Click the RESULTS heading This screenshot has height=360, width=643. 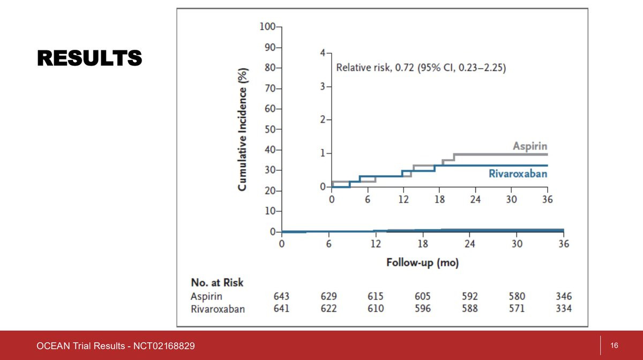[x=89, y=58]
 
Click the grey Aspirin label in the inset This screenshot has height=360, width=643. [x=530, y=146]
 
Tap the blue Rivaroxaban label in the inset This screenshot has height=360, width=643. [x=518, y=174]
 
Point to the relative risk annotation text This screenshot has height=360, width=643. [x=421, y=68]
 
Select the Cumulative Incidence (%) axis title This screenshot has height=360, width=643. [x=243, y=129]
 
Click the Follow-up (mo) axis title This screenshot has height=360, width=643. [x=422, y=263]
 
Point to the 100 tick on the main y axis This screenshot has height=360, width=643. [x=267, y=27]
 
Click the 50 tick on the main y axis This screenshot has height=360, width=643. [x=269, y=130]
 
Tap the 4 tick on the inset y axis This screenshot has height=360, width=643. [x=322, y=53]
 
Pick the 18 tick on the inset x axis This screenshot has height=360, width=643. [x=440, y=199]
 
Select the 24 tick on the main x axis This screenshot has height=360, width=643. [x=469, y=244]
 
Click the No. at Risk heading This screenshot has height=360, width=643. [x=217, y=282]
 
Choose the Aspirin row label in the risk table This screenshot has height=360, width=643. [x=206, y=296]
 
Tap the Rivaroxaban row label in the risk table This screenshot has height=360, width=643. [x=218, y=309]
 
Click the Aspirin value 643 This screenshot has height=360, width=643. [x=281, y=296]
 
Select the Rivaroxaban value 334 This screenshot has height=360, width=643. [x=563, y=309]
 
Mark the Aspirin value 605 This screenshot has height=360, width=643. [x=422, y=296]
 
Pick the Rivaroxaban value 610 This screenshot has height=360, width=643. [x=375, y=309]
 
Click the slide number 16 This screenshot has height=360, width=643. [x=615, y=346]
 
